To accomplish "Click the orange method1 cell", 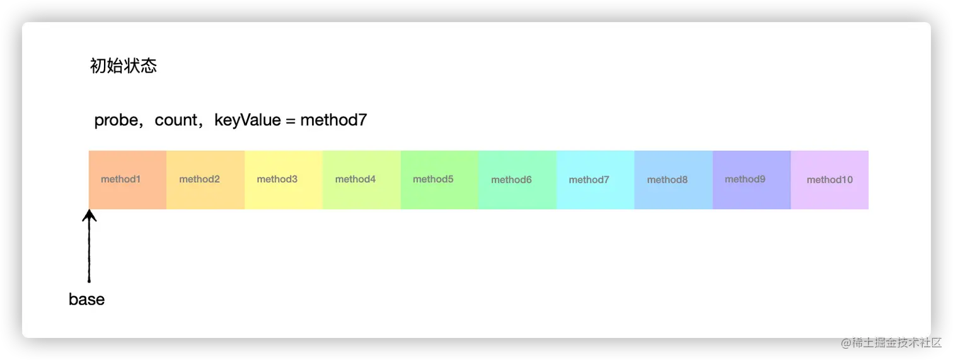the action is tap(127, 180).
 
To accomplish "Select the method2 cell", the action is tap(205, 180).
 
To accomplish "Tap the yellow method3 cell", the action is tap(284, 180).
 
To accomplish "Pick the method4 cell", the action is tap(362, 180).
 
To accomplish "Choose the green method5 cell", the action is tap(439, 180).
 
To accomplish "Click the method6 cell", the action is tap(517, 180).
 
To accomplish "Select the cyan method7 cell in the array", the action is tap(596, 180).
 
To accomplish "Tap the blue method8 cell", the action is tap(674, 180).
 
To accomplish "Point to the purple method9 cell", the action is tap(752, 180).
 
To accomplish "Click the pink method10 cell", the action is tap(829, 180).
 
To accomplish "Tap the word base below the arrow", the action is tap(87, 299).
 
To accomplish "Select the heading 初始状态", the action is tap(124, 66).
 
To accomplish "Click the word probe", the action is tap(116, 120).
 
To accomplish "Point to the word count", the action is tap(176, 120).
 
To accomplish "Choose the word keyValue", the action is tap(248, 120).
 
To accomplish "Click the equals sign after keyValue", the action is tap(291, 120).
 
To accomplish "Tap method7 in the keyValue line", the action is tap(333, 120).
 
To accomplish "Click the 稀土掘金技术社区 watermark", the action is tap(891, 342).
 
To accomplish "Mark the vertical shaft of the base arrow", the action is tap(90, 246).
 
